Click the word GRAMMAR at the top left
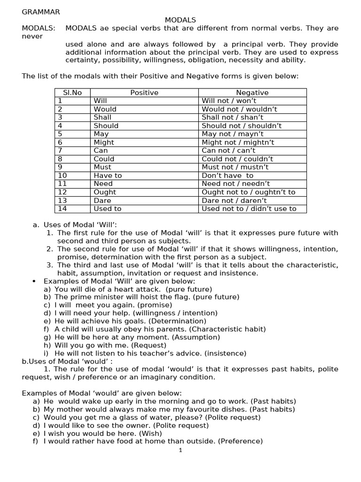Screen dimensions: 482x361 coord(41,12)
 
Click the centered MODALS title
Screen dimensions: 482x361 coord(180,20)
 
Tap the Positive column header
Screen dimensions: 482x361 coord(144,93)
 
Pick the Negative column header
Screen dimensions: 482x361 coord(252,93)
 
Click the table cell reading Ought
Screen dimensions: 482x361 coord(105,192)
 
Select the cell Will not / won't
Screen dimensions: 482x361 coord(229,101)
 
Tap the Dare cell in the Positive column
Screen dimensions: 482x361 coord(102,201)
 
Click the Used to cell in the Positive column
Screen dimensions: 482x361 coord(107,209)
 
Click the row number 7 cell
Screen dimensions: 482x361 coord(60,151)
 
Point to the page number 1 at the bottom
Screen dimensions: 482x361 coord(180,450)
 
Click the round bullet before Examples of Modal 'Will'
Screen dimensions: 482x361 coord(34,281)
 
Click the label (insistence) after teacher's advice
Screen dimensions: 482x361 coord(227,353)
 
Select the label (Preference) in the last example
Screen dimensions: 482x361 coord(239,441)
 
